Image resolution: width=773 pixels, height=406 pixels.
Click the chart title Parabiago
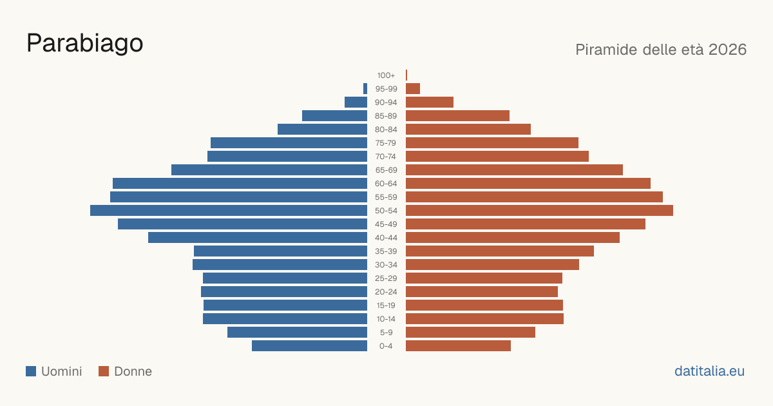tap(85, 44)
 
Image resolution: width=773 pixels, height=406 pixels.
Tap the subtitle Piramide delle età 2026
tap(661, 50)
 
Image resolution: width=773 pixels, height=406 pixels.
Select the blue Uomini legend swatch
tap(31, 371)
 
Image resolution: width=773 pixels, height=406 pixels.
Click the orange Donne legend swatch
tap(104, 371)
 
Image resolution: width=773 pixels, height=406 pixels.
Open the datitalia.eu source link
tap(709, 371)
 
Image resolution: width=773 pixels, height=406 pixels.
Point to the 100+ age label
tap(386, 75)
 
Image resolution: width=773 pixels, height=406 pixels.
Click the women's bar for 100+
tap(406, 75)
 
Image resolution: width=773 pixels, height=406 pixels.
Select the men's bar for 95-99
tap(365, 89)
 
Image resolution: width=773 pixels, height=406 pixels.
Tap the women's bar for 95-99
tap(413, 89)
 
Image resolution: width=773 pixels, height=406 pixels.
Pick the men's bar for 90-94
tap(356, 102)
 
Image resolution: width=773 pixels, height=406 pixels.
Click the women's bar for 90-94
tap(430, 102)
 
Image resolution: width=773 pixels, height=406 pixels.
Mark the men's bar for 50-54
tap(229, 211)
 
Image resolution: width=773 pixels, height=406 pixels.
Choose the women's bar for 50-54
tap(539, 211)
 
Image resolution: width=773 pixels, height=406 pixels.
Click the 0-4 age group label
tap(386, 346)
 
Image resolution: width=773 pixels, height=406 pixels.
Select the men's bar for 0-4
tap(310, 346)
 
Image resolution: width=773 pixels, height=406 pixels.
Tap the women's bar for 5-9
tap(470, 333)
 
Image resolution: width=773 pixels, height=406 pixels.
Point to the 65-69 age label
tap(386, 170)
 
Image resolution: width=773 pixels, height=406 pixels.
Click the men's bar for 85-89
tap(335, 115)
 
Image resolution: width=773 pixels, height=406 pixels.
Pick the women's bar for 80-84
tap(468, 129)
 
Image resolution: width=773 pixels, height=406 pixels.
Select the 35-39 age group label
tap(386, 251)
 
